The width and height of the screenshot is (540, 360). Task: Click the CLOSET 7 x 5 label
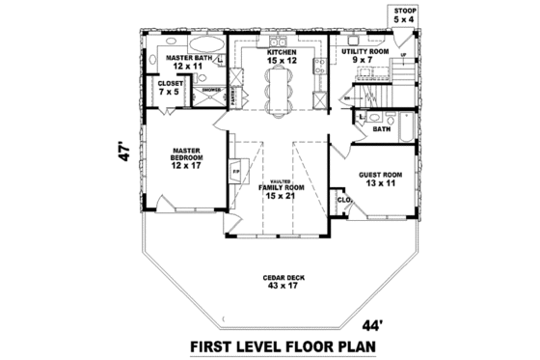point(171,89)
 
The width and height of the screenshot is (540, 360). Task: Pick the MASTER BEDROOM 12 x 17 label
point(185,158)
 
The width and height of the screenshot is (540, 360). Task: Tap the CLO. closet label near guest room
point(342,201)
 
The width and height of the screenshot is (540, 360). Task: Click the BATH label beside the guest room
point(382,127)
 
